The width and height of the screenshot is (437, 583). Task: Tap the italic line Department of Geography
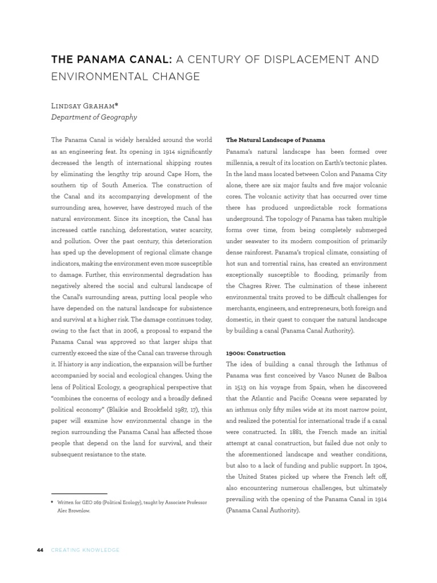[94, 117]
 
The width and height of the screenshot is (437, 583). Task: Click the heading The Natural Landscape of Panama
[275, 139]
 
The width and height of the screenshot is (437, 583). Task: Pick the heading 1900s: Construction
[255, 353]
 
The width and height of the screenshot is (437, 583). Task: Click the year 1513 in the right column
[241, 387]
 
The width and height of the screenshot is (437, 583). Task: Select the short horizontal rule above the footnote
[79, 494]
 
